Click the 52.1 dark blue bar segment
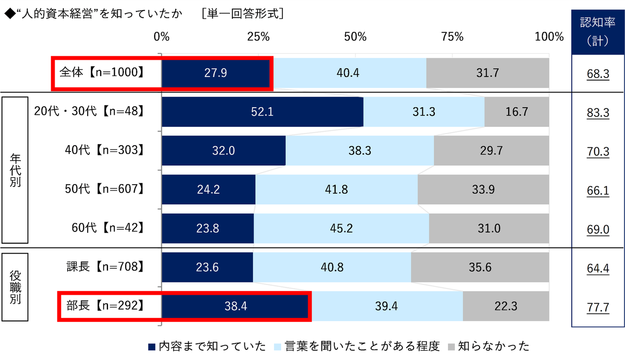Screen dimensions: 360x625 [262, 112]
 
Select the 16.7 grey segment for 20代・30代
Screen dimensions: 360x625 [516, 112]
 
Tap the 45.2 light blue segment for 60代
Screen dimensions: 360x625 [341, 228]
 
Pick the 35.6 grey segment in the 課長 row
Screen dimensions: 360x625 [480, 267]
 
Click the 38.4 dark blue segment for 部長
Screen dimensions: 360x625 [237, 306]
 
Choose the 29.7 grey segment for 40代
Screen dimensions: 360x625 [491, 151]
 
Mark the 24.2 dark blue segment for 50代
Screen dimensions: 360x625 [208, 189]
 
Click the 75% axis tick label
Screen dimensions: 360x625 [452, 37]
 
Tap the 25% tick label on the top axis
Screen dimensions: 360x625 [258, 37]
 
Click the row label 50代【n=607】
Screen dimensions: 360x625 [104, 189]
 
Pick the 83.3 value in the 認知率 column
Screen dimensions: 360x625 [598, 113]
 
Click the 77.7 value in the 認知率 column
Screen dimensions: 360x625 [598, 307]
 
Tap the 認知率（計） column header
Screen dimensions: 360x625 [598, 32]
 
